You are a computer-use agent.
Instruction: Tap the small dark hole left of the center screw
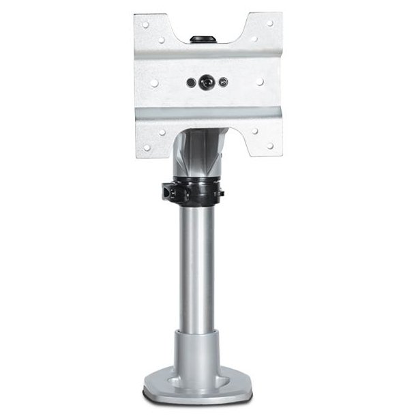click(192, 83)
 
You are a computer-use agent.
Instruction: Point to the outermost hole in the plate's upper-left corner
click(145, 23)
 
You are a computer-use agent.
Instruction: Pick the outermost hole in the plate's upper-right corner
click(270, 23)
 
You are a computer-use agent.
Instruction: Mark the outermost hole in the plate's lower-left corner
click(145, 145)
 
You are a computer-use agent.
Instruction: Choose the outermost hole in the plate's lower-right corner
click(270, 145)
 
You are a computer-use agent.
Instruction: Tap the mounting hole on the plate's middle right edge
click(260, 82)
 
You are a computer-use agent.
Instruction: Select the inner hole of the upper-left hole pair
click(161, 39)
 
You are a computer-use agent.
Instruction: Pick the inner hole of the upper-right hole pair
click(254, 39)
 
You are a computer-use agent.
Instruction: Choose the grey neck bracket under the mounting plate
click(199, 153)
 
